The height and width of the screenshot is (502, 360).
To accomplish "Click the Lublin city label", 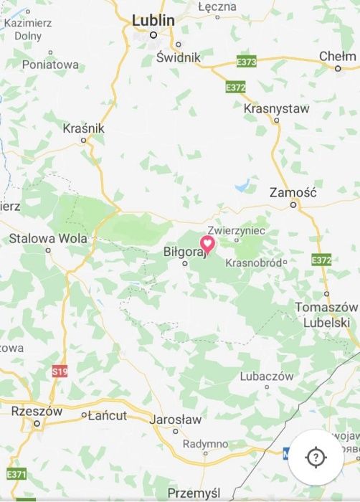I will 153,21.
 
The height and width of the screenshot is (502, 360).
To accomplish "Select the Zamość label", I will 292,192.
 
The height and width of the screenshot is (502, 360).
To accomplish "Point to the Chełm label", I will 337,56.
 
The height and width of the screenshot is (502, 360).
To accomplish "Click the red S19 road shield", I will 60,371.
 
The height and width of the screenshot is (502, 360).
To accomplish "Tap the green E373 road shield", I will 246,63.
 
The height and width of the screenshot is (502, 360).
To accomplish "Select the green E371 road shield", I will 16,475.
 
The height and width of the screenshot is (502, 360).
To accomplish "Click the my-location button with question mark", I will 316,458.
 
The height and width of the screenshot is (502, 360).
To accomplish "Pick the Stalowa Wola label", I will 48,238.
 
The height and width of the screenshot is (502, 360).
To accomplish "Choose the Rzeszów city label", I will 37,412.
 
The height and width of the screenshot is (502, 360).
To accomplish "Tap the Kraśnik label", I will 84,128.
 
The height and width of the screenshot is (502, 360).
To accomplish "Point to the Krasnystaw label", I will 277,109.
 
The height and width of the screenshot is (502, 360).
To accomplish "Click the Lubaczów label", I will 267,376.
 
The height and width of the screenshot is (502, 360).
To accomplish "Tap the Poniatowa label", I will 50,65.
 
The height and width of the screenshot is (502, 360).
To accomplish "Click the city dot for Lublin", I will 153,34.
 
